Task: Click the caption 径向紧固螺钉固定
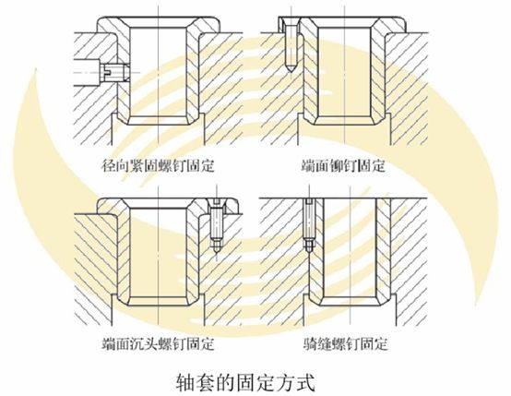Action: tap(158, 166)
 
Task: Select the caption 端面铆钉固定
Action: tap(343, 166)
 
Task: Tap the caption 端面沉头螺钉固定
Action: tap(158, 343)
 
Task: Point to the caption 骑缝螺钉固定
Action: tap(345, 343)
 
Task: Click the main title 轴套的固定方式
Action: tap(245, 382)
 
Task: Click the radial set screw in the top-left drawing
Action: tap(115, 72)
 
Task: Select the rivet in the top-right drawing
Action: tap(290, 44)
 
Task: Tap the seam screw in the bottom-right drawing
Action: tap(309, 226)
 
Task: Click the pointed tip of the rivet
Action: tap(290, 71)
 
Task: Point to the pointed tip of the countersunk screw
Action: tap(217, 252)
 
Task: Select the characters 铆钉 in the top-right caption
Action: tap(343, 166)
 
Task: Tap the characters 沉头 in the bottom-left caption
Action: tap(144, 343)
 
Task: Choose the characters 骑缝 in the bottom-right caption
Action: tap(317, 343)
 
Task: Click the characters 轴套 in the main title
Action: tap(196, 382)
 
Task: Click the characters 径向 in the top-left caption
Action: tap(115, 166)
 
